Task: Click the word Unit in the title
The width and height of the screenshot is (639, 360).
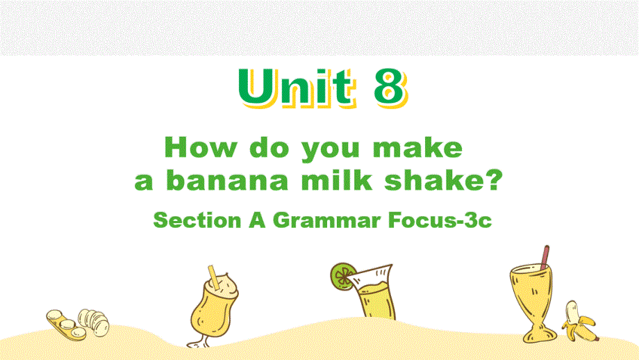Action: click(x=296, y=88)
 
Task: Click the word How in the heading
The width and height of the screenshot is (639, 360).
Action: click(x=201, y=147)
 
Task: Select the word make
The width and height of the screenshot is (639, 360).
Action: click(x=417, y=147)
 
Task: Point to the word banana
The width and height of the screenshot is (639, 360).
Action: click(x=227, y=180)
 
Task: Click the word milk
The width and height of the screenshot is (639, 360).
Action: click(x=337, y=180)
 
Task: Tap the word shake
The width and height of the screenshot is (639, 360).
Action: click(x=434, y=180)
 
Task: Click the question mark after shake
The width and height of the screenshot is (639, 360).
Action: click(x=494, y=180)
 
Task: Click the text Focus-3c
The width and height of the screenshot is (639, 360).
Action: click(x=440, y=220)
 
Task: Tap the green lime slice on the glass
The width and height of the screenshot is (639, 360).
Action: click(x=342, y=277)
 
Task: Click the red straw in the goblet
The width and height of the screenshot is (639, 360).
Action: click(x=545, y=257)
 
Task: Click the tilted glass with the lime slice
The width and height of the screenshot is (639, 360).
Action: click(x=373, y=291)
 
